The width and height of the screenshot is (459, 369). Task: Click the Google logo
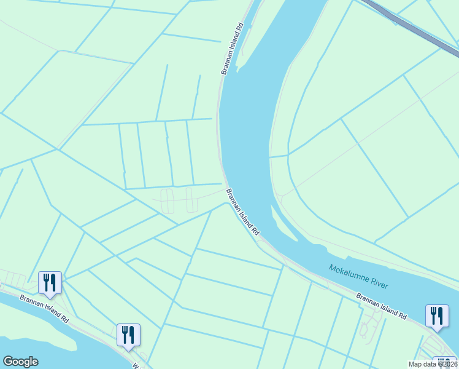click(x=20, y=362)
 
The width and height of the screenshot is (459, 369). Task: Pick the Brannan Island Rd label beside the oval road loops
click(x=243, y=213)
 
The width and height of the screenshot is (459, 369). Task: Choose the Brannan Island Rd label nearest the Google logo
click(x=44, y=309)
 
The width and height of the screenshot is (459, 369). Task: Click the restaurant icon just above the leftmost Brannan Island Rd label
click(x=50, y=283)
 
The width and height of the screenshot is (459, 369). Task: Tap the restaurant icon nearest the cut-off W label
click(x=128, y=335)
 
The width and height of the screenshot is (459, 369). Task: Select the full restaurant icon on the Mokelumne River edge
click(x=436, y=315)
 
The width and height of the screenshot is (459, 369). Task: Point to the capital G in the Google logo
click(x=8, y=362)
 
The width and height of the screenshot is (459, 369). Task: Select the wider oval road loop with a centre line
click(x=168, y=201)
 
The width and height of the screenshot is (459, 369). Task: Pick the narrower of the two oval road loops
click(x=191, y=200)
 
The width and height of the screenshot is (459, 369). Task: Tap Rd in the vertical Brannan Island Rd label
click(x=240, y=28)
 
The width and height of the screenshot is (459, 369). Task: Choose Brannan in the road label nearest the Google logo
click(x=31, y=302)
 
